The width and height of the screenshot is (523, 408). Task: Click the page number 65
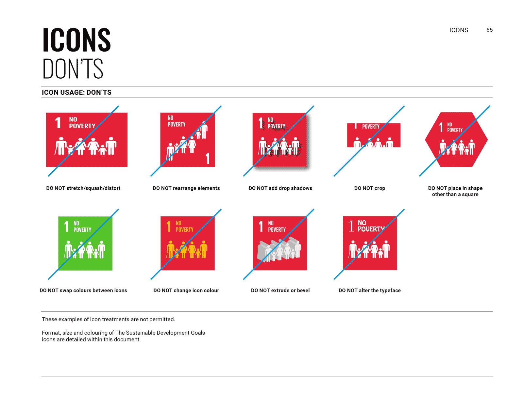coord(489,30)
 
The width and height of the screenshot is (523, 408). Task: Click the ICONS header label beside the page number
coord(459,30)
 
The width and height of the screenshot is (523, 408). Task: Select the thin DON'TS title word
coord(73,69)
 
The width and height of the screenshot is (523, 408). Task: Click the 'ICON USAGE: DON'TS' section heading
coord(76,92)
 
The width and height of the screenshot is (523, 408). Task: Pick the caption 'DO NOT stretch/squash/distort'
coord(83,188)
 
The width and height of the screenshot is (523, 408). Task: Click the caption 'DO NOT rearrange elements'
coord(186,188)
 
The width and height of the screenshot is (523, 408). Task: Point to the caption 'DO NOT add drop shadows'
coord(280,188)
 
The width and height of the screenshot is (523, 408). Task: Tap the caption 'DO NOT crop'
coord(369,188)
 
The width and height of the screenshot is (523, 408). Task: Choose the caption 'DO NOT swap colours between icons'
coord(83,290)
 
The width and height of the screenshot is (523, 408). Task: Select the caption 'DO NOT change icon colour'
coord(186,290)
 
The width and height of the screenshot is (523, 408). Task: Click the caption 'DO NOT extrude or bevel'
coord(280,290)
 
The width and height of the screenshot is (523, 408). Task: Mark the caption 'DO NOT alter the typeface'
coord(369,290)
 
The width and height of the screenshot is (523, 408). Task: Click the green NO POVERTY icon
coord(85,243)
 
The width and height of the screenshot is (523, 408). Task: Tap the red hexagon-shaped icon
coord(456,140)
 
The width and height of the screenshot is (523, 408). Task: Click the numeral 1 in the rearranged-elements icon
coord(208,159)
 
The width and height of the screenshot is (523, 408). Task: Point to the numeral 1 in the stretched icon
coord(58,123)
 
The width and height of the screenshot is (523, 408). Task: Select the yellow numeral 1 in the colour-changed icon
coord(168,226)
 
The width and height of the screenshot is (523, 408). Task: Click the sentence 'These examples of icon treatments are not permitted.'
coord(108,319)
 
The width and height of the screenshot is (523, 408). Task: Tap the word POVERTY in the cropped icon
coord(371,127)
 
